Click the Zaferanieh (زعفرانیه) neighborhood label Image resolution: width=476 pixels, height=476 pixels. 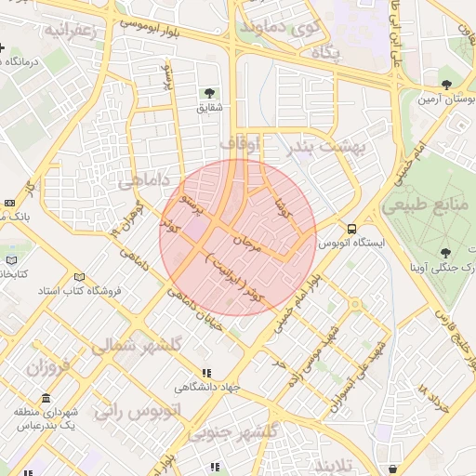(70, 31)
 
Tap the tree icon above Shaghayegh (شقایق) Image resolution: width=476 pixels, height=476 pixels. (211, 92)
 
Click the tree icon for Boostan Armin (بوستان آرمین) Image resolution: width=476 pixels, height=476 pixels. (447, 85)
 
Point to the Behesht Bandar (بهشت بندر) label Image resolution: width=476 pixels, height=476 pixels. (330, 147)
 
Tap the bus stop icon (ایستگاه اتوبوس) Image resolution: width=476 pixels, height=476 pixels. (351, 228)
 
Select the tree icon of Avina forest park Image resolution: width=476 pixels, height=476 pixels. (447, 252)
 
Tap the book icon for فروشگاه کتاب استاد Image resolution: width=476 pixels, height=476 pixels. (79, 277)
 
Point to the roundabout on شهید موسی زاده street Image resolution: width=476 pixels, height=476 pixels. (353, 303)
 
